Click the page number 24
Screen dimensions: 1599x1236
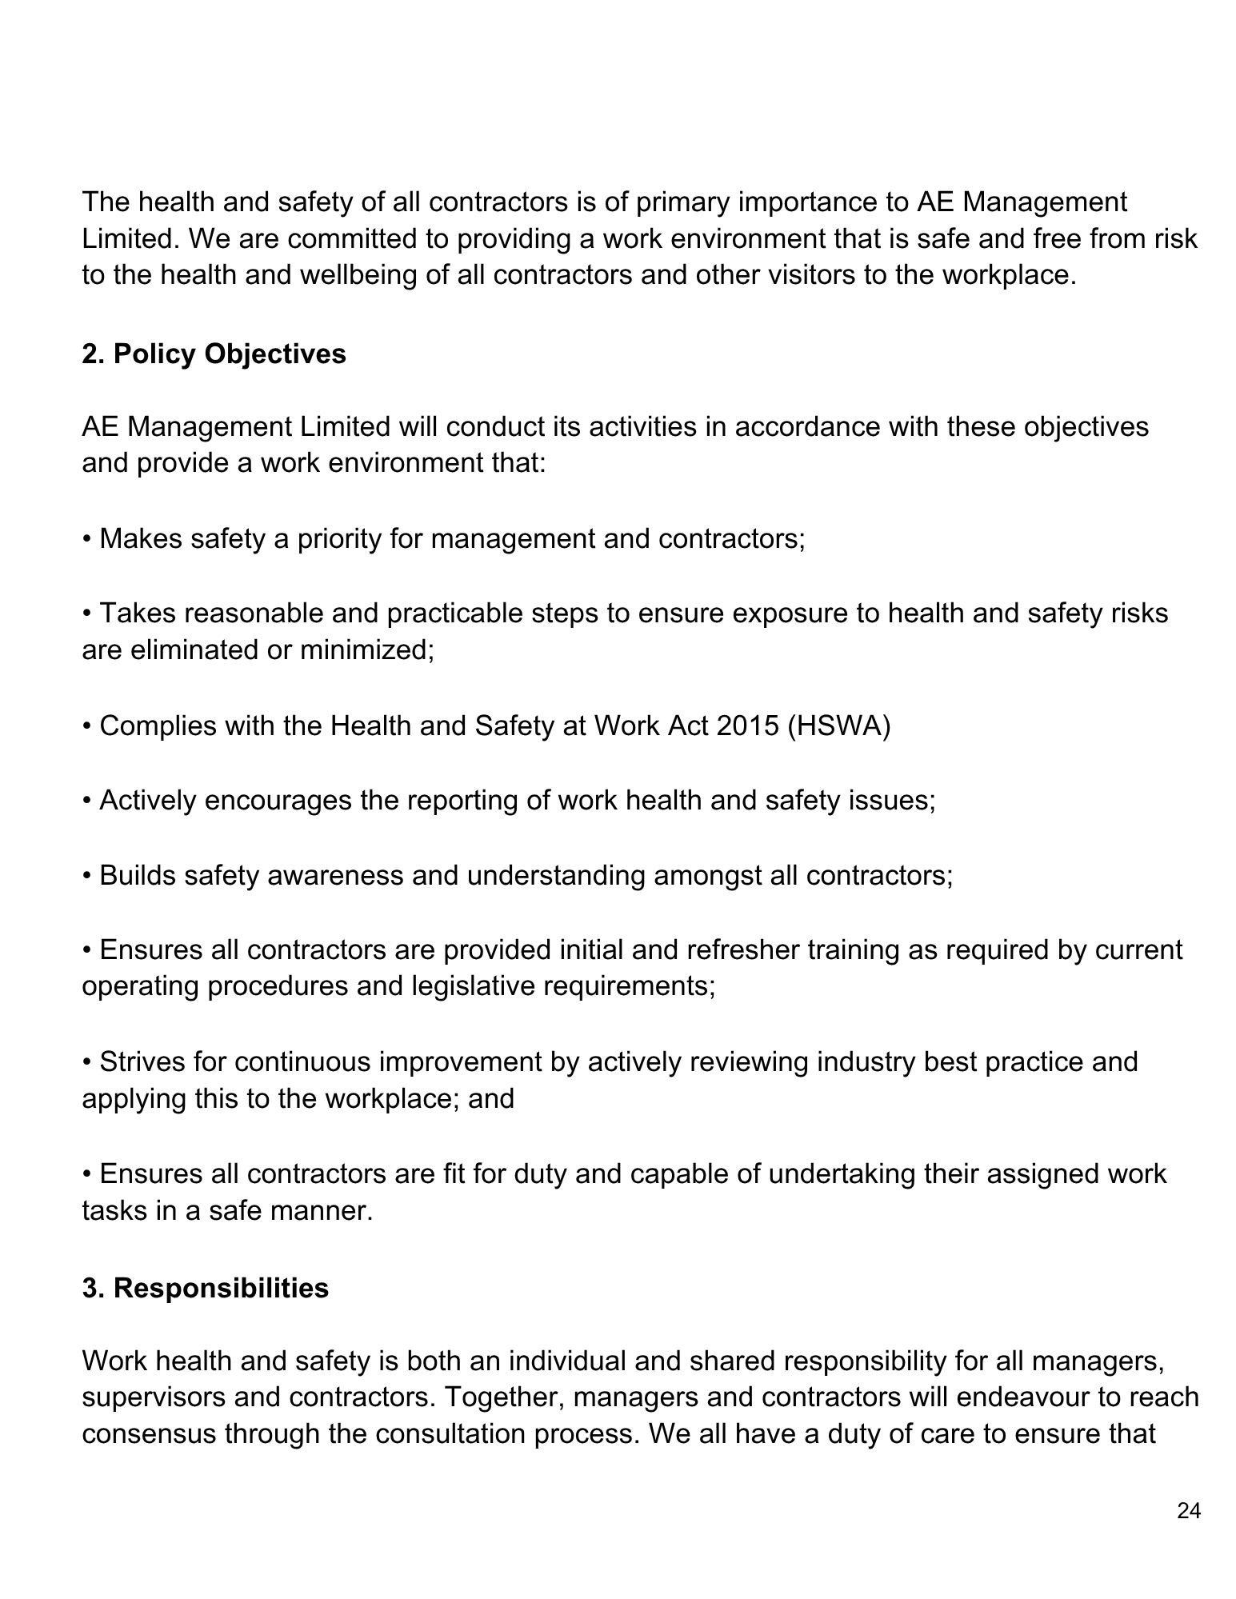pyautogui.click(x=1189, y=1511)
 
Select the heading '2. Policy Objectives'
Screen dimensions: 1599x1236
pyautogui.click(x=214, y=354)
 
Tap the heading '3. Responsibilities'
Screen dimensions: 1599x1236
pyautogui.click(x=205, y=1288)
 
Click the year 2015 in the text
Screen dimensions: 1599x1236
pyautogui.click(x=747, y=726)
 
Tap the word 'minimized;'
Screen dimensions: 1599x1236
pyautogui.click(x=367, y=650)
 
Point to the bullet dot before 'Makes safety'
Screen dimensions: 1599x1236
pyautogui.click(x=86, y=539)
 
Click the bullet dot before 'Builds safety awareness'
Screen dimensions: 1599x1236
pyautogui.click(x=86, y=876)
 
